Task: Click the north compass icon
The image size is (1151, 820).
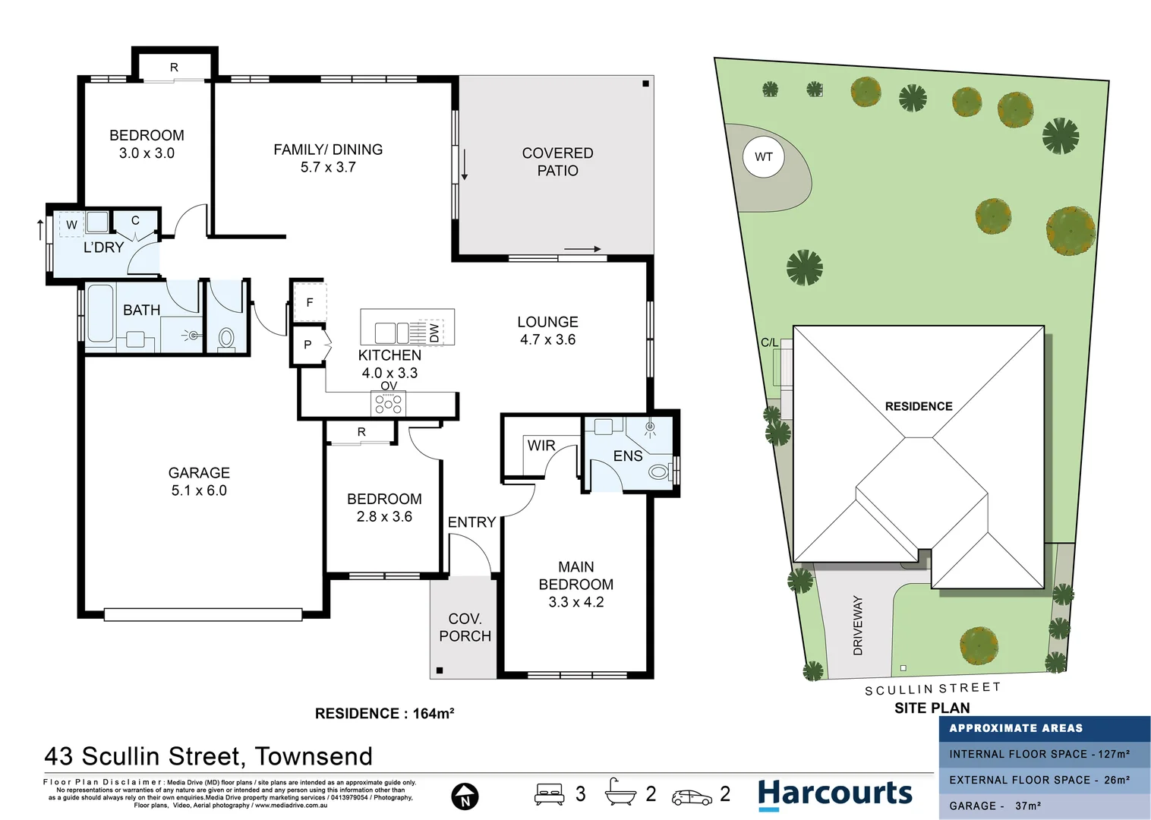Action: (465, 796)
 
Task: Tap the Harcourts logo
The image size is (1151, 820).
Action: (835, 793)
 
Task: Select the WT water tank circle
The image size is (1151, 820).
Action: (763, 156)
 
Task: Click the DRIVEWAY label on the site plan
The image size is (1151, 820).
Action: (858, 625)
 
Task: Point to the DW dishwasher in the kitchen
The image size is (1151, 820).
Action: (433, 333)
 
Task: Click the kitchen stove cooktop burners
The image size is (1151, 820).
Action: (388, 404)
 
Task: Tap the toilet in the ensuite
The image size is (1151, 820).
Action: (658, 472)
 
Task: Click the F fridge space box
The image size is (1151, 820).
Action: (310, 302)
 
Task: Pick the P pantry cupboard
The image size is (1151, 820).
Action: (308, 345)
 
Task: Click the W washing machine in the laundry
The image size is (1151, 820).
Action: (71, 225)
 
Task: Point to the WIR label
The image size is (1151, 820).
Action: (541, 446)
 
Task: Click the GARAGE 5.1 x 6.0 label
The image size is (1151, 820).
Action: (199, 481)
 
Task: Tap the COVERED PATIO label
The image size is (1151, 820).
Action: (557, 162)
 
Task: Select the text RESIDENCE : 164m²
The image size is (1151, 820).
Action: (384, 714)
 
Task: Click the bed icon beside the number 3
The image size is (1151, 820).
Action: (549, 794)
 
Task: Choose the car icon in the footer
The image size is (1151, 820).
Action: (692, 797)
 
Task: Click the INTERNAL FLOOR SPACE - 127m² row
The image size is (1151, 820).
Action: (1039, 754)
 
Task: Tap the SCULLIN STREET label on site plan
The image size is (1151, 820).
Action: (932, 689)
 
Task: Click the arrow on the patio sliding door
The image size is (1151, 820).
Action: (582, 249)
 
